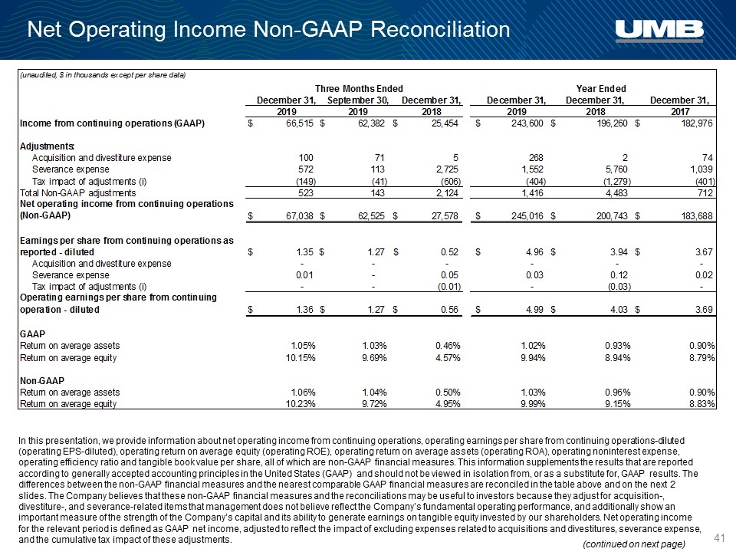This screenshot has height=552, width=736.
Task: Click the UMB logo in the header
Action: coord(659,30)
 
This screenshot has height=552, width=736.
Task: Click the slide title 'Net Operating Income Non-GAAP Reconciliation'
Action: coord(268,29)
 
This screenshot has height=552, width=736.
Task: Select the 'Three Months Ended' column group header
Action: coord(359,89)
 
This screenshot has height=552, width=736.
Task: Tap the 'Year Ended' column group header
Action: coord(601,89)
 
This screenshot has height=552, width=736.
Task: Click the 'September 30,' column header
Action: coord(358,100)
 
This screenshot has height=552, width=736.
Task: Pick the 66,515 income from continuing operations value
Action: coord(299,123)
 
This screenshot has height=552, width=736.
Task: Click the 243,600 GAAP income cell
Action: coord(527,123)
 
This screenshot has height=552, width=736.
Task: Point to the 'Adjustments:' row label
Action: coord(47,146)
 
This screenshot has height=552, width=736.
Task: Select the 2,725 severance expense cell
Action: coord(446,169)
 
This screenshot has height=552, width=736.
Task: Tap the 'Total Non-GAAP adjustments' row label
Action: coord(78,193)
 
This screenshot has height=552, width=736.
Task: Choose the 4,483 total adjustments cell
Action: coord(616,193)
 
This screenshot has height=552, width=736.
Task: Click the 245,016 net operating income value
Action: coord(527,216)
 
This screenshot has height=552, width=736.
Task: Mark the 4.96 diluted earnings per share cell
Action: coord(534,252)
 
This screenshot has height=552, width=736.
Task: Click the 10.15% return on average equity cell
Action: coord(301,358)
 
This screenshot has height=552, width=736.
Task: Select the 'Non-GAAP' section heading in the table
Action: coord(42,381)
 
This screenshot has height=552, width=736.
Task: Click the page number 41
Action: coord(720,538)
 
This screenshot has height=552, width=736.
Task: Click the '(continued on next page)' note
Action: coord(634,544)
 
